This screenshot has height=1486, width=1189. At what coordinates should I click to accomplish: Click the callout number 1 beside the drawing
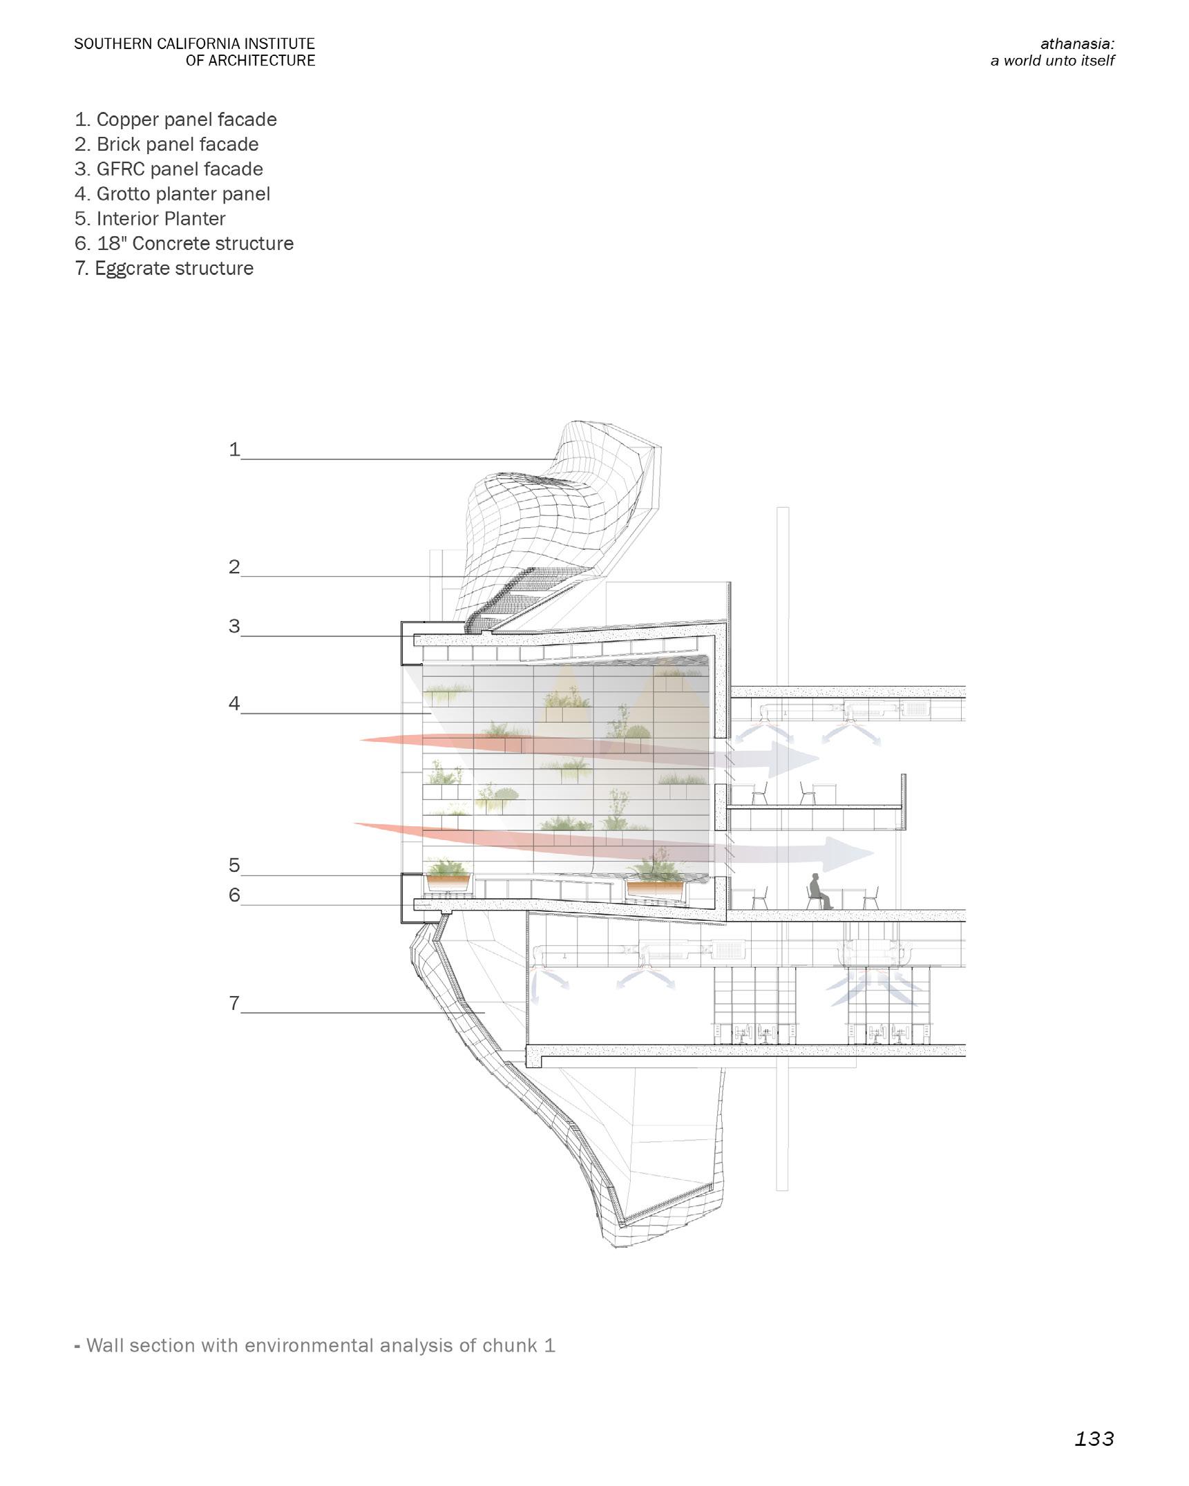coord(234,450)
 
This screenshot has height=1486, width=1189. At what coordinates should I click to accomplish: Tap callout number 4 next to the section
coord(234,704)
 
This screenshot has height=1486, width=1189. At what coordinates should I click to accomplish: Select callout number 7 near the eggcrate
coord(234,1003)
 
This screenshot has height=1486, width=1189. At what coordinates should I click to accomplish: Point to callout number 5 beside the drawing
coord(234,866)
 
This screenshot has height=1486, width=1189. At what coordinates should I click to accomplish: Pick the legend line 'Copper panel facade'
coord(175,120)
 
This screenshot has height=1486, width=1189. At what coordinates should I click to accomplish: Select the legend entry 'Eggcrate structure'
coord(164,268)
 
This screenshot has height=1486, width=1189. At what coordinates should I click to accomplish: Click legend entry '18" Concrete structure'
coord(184,243)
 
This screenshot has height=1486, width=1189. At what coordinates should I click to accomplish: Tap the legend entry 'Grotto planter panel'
coord(172,194)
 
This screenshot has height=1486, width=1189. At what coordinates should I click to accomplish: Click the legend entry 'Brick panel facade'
coord(167,144)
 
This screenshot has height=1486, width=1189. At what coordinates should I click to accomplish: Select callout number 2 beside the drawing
coord(234,567)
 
